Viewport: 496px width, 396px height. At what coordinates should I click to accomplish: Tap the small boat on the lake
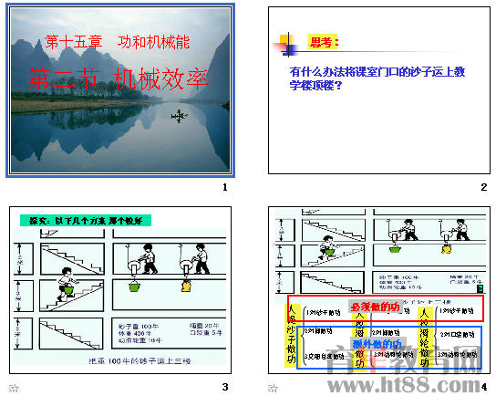(180, 115)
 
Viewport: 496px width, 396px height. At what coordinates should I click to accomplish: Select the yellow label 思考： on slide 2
(324, 42)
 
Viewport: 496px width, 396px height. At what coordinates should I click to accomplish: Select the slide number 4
(484, 387)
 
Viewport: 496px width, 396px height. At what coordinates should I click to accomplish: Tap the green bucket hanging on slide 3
(135, 286)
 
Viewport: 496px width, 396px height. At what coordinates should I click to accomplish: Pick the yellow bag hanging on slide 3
(188, 286)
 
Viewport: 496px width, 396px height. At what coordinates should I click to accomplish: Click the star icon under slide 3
(14, 388)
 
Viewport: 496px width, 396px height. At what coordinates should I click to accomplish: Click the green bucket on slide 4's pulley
(394, 245)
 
